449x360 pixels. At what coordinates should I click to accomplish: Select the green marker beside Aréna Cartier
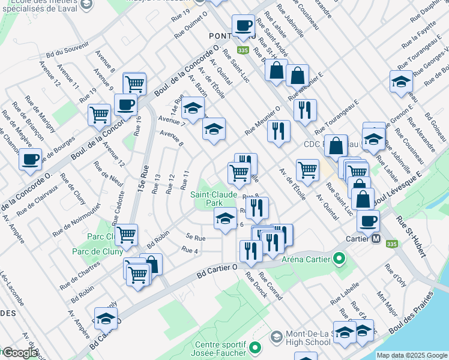click(339, 259)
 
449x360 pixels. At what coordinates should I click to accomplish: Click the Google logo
click(20, 353)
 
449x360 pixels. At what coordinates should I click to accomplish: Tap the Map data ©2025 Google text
click(411, 355)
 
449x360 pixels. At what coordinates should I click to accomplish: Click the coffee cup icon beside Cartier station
click(369, 220)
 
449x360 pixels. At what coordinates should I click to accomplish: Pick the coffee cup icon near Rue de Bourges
click(30, 160)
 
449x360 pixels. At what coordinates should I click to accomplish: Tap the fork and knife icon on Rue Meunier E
click(305, 109)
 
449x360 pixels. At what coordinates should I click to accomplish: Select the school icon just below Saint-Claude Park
click(226, 218)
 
